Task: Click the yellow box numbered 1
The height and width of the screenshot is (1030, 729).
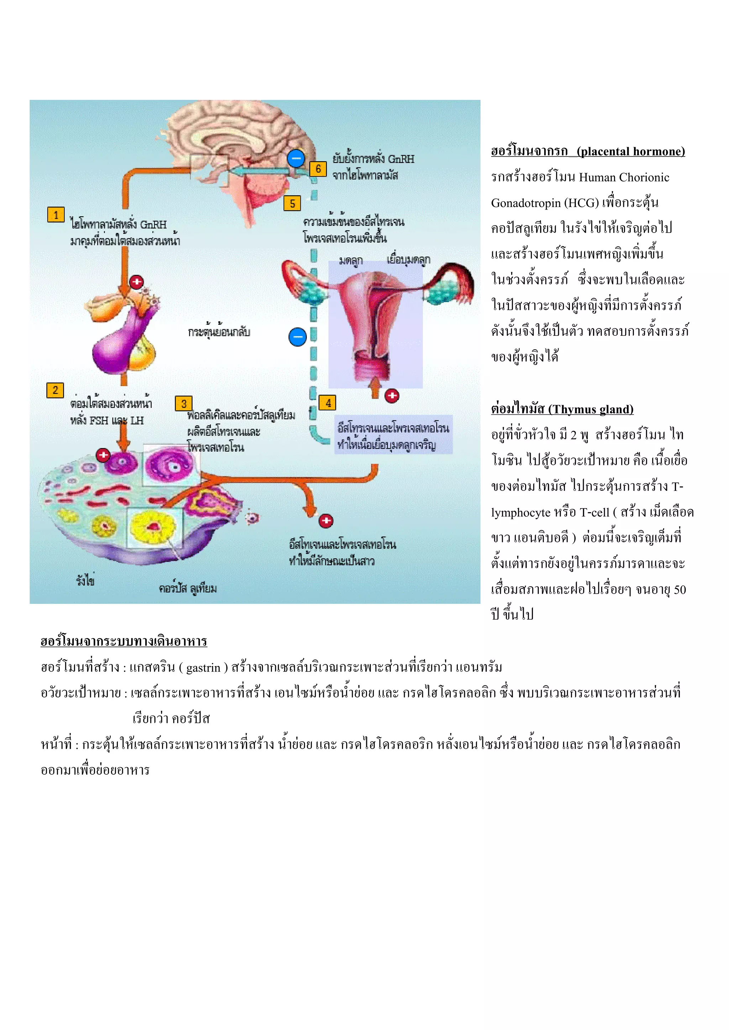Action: pos(56,215)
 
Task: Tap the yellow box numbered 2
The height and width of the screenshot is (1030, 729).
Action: pos(55,390)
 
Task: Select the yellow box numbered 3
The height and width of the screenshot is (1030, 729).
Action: pos(184,404)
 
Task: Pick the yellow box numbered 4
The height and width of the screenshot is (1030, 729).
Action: pos(328,403)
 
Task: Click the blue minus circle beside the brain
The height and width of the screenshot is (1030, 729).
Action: pos(296,158)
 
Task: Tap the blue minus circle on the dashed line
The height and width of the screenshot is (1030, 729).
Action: pos(298,336)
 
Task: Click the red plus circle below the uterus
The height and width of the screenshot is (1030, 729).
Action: pos(392,395)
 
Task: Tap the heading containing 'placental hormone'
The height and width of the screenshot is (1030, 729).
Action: pos(588,152)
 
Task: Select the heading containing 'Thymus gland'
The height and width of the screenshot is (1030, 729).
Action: pos(562,409)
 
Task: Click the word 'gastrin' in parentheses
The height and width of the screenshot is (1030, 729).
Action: pos(203,668)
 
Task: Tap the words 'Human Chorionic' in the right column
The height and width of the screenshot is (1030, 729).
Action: pos(624,177)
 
